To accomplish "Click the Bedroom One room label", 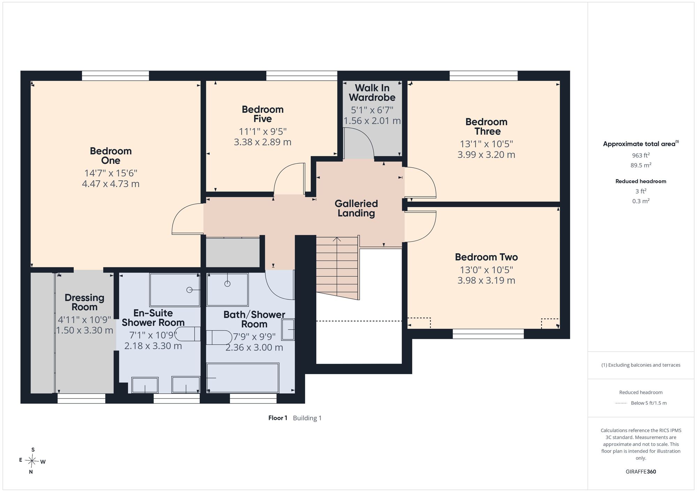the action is click(x=111, y=156).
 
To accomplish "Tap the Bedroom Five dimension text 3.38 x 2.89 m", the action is click(x=262, y=142).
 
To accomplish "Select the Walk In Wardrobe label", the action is click(x=372, y=93).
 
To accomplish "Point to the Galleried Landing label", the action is click(x=356, y=208).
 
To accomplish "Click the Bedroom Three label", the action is click(x=487, y=127).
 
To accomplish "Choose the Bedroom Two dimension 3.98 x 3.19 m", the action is click(x=486, y=280).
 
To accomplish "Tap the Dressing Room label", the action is click(x=85, y=302).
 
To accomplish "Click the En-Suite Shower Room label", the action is click(x=153, y=318).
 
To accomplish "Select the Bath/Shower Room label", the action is click(x=254, y=319).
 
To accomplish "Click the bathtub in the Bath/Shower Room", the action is click(x=243, y=378).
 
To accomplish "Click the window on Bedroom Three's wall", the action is click(x=484, y=76).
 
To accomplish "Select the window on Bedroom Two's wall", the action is click(x=488, y=334).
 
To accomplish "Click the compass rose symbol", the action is click(x=32, y=461).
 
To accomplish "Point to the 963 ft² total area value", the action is click(x=641, y=155).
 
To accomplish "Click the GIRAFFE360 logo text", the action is click(x=641, y=472).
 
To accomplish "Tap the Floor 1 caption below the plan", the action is click(x=278, y=418).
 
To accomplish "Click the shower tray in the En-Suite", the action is click(x=175, y=290).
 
